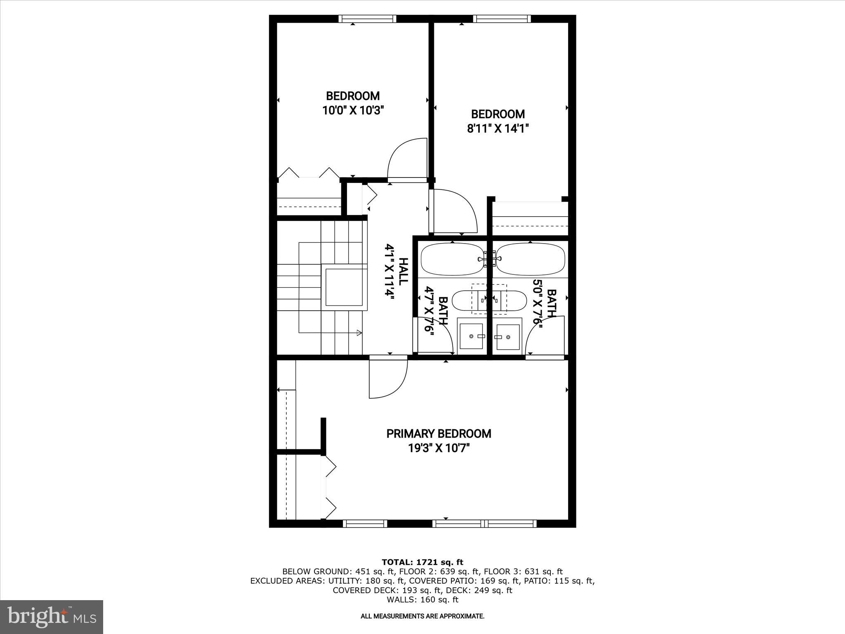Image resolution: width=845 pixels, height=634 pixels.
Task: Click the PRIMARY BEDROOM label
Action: point(439,433)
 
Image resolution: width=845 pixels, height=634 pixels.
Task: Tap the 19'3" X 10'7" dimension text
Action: point(439,448)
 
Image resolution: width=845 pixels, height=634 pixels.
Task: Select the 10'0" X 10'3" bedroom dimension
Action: point(353,111)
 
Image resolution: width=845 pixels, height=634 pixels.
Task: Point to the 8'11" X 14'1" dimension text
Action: point(498,129)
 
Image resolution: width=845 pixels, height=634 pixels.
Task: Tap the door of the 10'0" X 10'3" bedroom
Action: point(406,161)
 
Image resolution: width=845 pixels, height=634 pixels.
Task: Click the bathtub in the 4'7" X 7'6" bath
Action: point(451,259)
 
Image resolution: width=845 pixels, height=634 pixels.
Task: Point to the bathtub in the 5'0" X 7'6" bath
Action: point(530,259)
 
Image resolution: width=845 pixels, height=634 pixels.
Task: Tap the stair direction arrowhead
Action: point(359,333)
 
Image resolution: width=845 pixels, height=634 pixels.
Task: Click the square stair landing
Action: point(344,287)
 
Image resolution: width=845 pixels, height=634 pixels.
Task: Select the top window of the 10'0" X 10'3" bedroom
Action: point(367,19)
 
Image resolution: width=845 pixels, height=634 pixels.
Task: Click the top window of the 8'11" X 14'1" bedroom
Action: point(501,19)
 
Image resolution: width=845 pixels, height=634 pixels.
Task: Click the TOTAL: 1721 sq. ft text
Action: point(422,562)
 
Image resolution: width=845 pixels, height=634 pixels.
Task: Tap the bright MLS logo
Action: point(52,617)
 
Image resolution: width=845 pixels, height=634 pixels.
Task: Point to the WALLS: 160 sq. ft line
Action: point(422,600)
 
